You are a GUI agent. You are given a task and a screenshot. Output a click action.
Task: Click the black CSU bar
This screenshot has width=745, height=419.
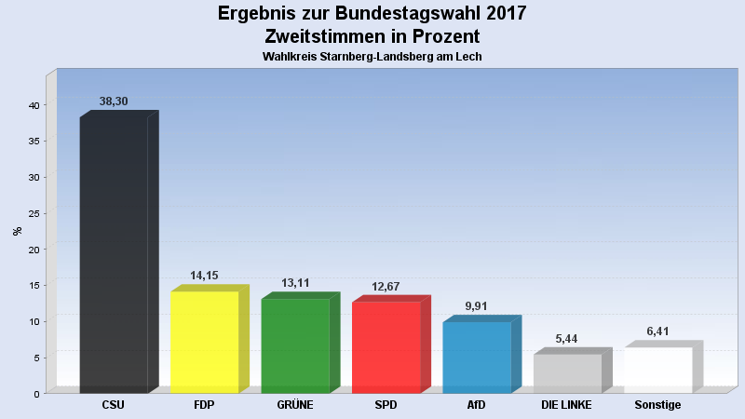[114, 253]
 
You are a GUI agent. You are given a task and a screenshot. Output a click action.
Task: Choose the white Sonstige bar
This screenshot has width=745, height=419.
[657, 369]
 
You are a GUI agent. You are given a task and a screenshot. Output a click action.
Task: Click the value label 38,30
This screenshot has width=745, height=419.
[114, 101]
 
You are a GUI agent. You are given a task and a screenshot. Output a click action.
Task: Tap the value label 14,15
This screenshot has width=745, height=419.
[204, 276]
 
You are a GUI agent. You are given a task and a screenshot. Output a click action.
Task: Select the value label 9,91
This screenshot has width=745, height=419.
[476, 306]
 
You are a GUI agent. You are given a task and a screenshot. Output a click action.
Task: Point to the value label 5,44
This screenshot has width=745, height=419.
[566, 339]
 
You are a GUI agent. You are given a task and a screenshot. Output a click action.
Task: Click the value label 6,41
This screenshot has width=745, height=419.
[657, 331]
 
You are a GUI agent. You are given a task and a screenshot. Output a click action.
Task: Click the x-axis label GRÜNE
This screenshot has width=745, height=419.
[295, 405]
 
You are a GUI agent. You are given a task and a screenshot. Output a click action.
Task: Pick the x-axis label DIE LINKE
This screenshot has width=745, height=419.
[566, 405]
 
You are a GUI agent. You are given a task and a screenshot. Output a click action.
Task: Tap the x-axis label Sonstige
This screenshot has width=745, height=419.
[657, 405]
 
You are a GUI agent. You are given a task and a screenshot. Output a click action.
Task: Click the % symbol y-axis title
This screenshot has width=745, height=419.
[17, 231]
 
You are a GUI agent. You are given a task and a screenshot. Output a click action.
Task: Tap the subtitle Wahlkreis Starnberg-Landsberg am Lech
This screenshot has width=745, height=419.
[372, 57]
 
